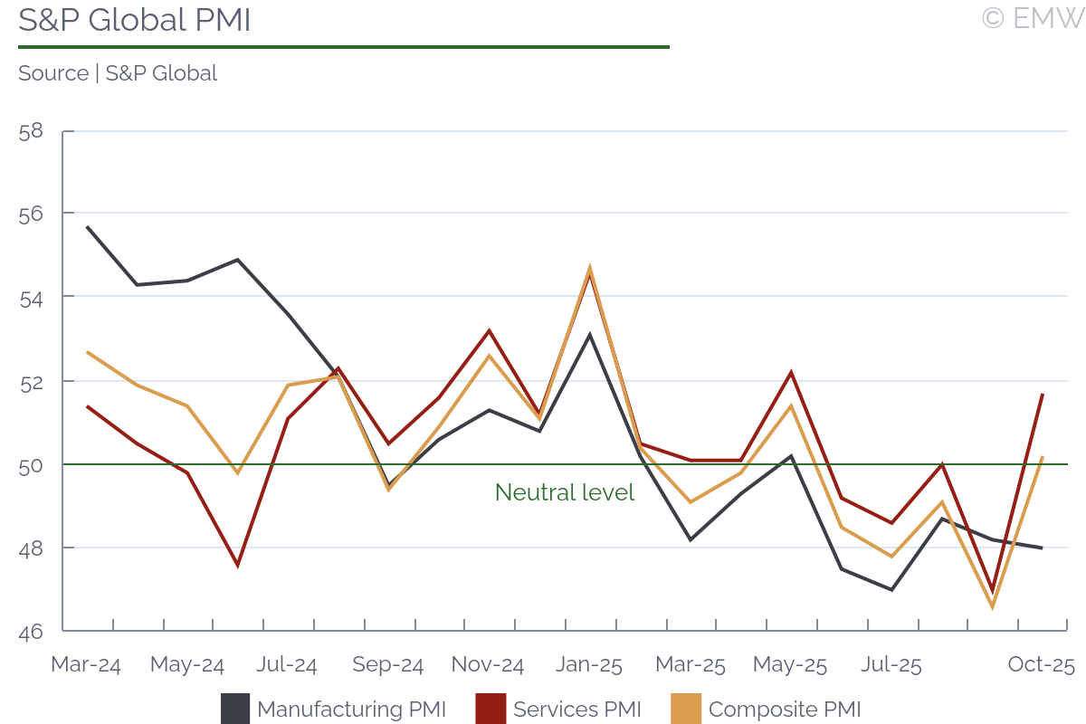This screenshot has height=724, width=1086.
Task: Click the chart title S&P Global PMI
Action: click(x=134, y=20)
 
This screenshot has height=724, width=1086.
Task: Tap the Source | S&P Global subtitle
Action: click(x=118, y=73)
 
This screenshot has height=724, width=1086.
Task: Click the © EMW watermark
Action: click(x=1032, y=18)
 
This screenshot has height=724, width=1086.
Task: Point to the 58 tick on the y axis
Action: click(x=31, y=130)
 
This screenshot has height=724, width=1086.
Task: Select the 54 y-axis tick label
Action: click(x=31, y=298)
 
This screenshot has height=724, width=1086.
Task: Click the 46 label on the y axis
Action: click(x=31, y=632)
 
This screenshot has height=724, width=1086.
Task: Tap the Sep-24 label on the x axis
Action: click(x=387, y=665)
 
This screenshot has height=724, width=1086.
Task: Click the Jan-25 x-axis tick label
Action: click(x=589, y=665)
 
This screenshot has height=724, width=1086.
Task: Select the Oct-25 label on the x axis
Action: click(x=1042, y=665)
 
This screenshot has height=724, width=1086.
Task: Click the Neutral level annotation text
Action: click(x=565, y=492)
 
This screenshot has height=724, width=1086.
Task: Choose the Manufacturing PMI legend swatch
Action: click(x=235, y=709)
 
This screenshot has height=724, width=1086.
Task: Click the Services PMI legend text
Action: click(x=577, y=710)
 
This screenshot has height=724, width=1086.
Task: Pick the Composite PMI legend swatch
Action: click(x=686, y=709)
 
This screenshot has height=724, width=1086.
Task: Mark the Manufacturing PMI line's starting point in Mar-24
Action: click(x=88, y=227)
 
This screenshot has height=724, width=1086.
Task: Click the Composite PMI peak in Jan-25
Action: click(x=590, y=269)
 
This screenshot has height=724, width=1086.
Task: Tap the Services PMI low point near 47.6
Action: click(x=238, y=566)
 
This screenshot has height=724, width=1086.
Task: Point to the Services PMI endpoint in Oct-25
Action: click(x=1043, y=395)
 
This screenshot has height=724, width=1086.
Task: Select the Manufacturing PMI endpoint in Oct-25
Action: click(x=1043, y=548)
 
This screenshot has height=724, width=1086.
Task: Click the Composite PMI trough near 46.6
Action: click(x=993, y=606)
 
